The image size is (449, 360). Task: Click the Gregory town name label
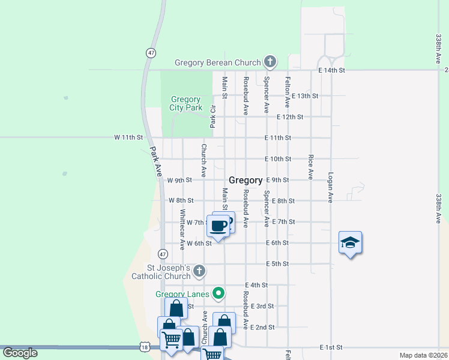tap(246, 180)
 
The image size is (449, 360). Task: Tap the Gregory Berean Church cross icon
tap(270, 61)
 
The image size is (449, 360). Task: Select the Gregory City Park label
tap(185, 104)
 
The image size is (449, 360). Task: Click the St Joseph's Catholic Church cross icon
tap(200, 272)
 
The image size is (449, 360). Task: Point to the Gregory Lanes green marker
tap(219, 293)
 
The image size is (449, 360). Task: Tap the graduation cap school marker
tap(350, 242)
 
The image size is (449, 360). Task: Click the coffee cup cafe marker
tap(219, 226)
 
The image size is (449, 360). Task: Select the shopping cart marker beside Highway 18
tap(172, 340)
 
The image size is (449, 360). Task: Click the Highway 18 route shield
tap(143, 347)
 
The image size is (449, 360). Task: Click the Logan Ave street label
tap(330, 187)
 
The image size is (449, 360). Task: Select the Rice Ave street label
tap(310, 166)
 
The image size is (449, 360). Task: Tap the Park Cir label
tap(212, 116)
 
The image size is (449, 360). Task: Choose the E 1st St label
tap(331, 347)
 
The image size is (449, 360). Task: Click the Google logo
tap(20, 353)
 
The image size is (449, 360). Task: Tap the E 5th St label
tap(277, 264)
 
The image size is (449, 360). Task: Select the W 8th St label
tap(181, 200)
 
